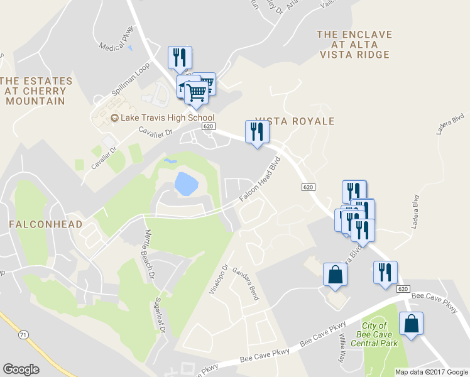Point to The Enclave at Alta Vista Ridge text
[x=354, y=45]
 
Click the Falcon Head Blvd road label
[x=258, y=180]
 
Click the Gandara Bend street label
[x=245, y=283]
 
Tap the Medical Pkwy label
[x=117, y=41]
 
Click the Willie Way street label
[x=344, y=346]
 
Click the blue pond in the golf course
[x=186, y=184]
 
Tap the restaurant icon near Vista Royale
[x=256, y=132]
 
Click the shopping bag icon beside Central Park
[x=411, y=324]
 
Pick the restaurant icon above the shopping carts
[x=180, y=58]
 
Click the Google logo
[x=21, y=369]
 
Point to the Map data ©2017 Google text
[x=431, y=372]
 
